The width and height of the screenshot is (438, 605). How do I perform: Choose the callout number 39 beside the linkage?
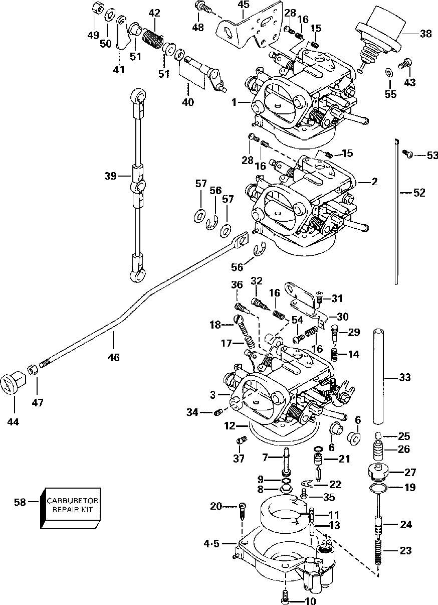coord(110,176)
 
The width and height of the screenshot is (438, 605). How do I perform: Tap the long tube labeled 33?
coord(384,376)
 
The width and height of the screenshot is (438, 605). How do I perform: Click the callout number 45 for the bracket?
coord(243,5)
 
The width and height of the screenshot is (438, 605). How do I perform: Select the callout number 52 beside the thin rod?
coord(419,192)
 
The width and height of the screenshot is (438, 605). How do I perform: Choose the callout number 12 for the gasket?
coord(230,426)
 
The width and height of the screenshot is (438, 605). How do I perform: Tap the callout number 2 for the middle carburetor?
coord(374,182)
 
